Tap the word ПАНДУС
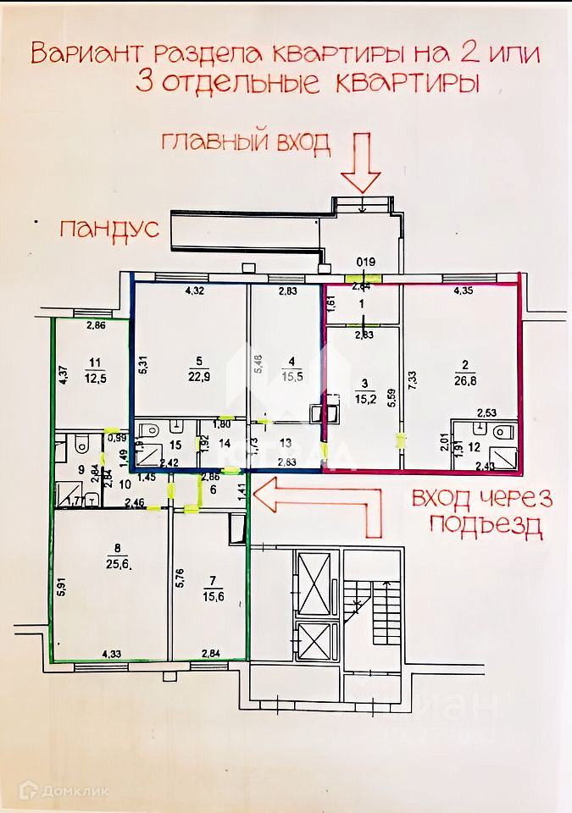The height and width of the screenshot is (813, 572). click(108, 229)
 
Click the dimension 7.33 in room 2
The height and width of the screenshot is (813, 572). click(413, 379)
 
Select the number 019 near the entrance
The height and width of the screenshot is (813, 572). click(364, 262)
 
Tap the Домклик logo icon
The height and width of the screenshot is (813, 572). click(28, 792)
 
